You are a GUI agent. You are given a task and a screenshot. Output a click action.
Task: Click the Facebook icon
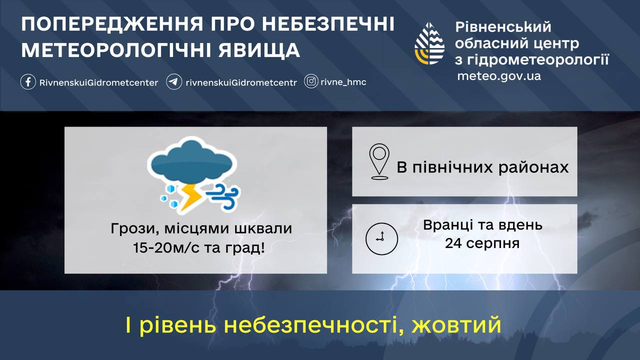28,82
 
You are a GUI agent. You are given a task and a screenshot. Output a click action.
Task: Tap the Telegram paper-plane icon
174,82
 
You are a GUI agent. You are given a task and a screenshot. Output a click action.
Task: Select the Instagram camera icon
311,81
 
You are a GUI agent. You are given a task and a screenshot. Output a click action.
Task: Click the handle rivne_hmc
343,82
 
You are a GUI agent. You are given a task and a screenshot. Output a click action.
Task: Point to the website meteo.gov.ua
499,76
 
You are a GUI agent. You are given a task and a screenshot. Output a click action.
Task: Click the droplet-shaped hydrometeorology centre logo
429,43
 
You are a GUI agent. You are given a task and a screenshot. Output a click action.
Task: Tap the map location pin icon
379,161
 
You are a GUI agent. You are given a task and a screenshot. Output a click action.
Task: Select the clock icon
381,239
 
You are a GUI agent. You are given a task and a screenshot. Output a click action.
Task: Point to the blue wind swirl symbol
223,196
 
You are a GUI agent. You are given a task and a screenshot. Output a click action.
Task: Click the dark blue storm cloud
192,163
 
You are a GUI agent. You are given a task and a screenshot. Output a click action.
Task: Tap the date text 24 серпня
482,243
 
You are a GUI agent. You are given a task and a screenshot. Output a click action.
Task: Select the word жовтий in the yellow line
456,325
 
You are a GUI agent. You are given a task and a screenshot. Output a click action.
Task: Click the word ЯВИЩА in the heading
259,50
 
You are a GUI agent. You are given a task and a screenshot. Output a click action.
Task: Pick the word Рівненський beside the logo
503,27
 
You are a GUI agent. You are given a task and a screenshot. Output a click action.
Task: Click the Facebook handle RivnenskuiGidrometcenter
98,82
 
